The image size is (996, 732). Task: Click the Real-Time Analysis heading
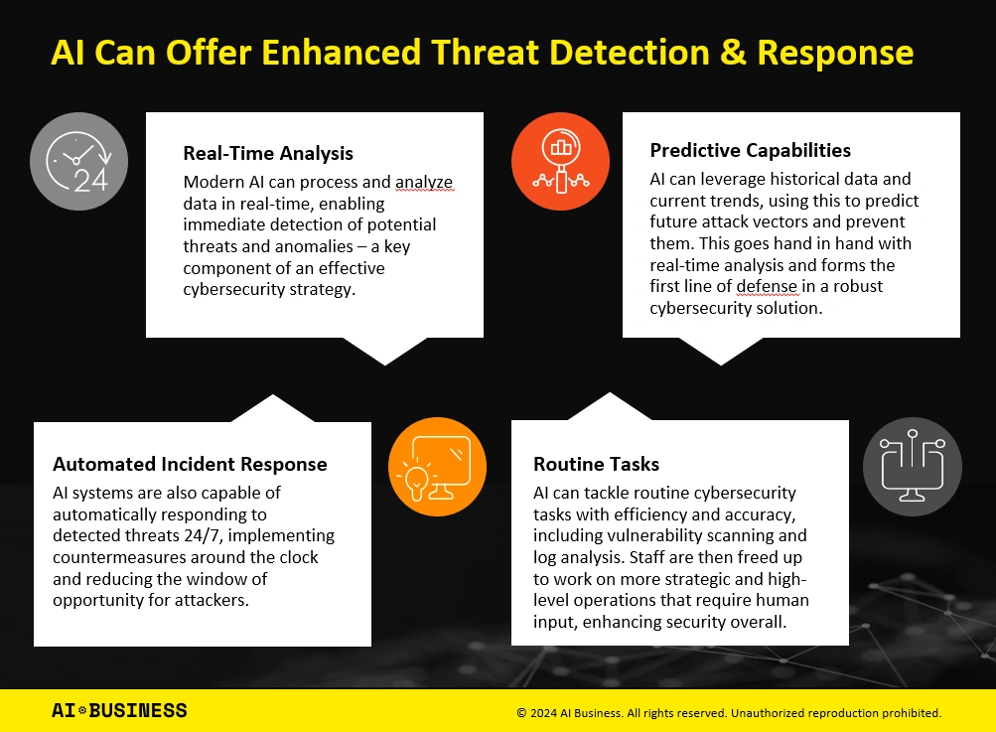(x=268, y=153)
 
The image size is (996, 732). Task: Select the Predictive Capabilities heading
(x=750, y=150)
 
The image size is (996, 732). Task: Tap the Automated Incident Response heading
(x=190, y=464)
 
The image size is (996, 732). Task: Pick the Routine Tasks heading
(x=597, y=464)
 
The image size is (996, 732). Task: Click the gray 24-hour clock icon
(x=78, y=161)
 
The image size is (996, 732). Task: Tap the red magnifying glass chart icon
(x=560, y=161)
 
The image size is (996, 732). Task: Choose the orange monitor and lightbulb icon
(x=437, y=467)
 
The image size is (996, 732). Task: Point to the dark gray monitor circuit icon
(x=913, y=467)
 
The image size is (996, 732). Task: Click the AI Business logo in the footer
(x=119, y=710)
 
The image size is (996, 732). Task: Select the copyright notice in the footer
(x=729, y=713)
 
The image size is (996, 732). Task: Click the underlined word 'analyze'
(x=424, y=183)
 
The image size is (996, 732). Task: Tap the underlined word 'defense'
(x=767, y=287)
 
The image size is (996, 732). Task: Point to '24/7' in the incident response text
(x=204, y=535)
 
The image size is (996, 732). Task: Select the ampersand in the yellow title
(x=733, y=52)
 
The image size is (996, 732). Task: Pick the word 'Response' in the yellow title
(x=835, y=54)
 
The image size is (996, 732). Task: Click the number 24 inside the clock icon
(x=90, y=181)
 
